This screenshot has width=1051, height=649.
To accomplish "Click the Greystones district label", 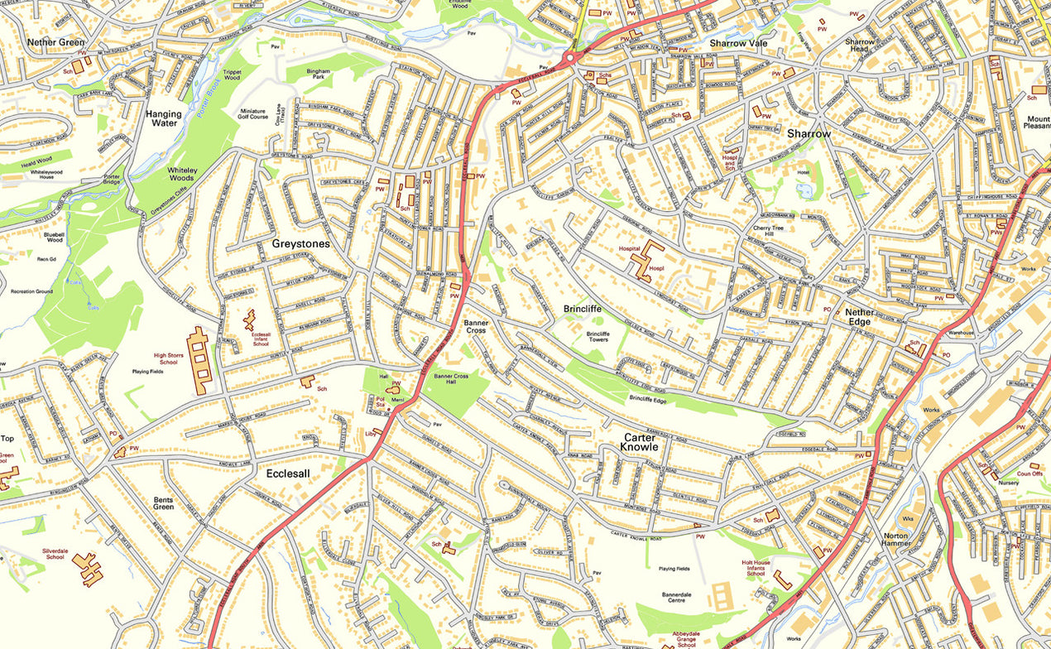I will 300,244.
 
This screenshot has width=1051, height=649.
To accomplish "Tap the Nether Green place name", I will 55,42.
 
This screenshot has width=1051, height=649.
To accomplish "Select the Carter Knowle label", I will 640,442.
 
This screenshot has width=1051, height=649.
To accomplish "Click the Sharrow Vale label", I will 738,43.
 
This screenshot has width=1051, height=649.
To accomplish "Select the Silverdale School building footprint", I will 87,569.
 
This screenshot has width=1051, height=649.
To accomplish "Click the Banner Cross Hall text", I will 450,380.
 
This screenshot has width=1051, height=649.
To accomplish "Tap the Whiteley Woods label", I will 181,173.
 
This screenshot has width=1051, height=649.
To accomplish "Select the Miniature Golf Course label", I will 252,115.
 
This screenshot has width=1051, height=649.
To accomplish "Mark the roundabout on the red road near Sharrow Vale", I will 570,57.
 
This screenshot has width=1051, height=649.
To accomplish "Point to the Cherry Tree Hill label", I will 773,231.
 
